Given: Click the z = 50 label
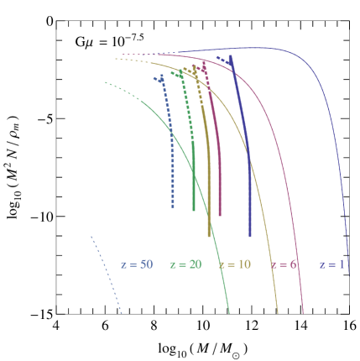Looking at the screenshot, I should click(x=136, y=264).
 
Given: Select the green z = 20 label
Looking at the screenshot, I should click(x=185, y=264).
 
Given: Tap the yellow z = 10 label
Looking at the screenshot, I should click(x=234, y=264).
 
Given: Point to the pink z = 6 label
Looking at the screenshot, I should click(x=284, y=264).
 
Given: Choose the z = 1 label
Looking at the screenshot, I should click(x=331, y=264).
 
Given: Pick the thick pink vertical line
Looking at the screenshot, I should click(x=219, y=168).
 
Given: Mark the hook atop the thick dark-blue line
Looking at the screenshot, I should click(x=227, y=60).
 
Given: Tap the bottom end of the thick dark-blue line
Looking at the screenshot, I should click(x=249, y=236).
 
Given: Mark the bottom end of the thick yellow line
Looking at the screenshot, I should click(x=209, y=235).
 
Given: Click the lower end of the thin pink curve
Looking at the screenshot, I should click(x=302, y=311).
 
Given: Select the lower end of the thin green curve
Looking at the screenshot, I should click(x=228, y=312).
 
